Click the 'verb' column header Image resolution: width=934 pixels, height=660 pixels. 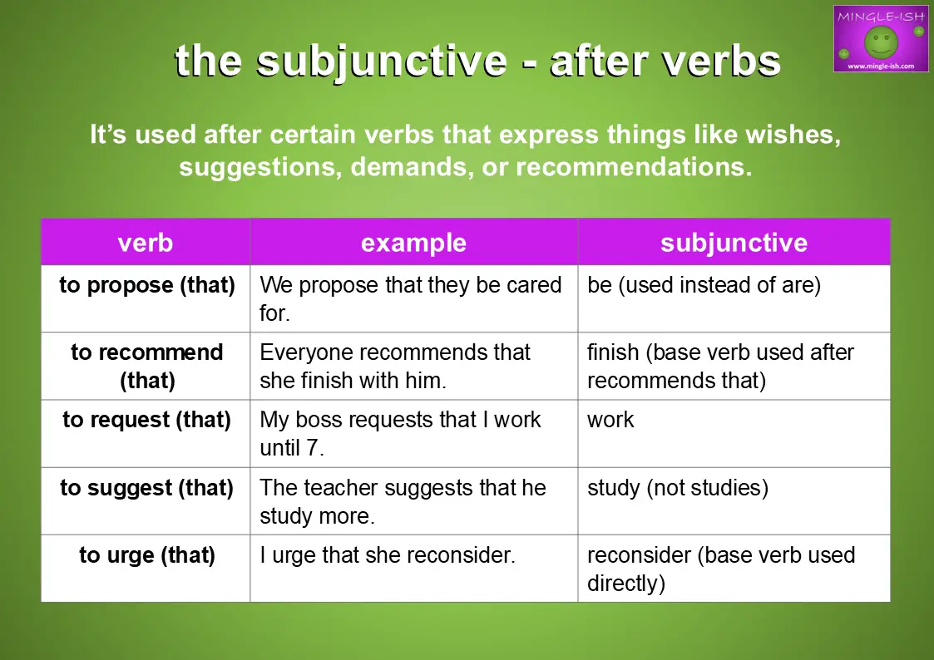[146, 243]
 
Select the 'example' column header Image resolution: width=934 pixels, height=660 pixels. [413, 243]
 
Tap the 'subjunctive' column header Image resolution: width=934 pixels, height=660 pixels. [734, 243]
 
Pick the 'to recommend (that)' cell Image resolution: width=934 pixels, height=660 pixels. [146, 366]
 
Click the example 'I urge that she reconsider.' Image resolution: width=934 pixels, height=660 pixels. [388, 555]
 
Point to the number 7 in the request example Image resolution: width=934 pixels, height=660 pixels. [312, 447]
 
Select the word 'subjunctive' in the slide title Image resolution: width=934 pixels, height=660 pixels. [382, 62]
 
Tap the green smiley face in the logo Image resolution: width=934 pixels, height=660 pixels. [881, 43]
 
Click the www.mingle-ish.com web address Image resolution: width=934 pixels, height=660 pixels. [881, 66]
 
